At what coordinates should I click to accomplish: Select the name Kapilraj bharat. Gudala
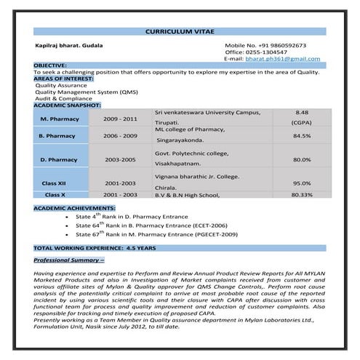point(69,45)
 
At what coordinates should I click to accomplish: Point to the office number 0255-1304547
point(266,52)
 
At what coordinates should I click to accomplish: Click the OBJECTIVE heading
point(50,65)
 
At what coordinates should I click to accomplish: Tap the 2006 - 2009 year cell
point(120,135)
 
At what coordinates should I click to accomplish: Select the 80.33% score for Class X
point(302,195)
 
